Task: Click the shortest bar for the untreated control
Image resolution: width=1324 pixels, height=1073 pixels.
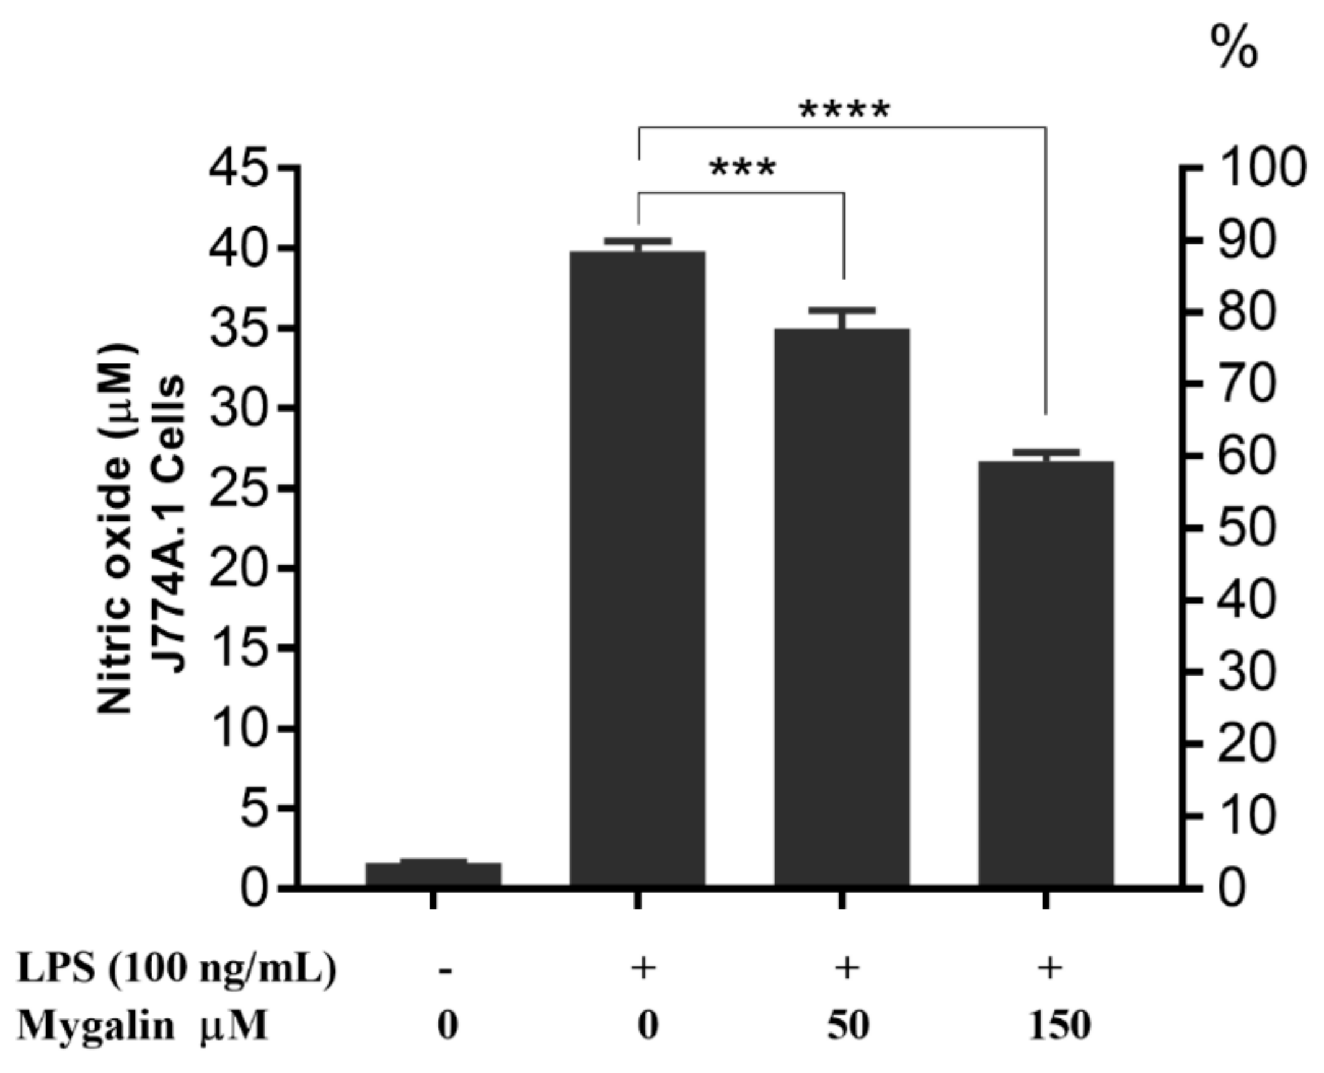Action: [433, 873]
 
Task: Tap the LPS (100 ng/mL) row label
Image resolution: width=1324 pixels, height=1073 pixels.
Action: [177, 968]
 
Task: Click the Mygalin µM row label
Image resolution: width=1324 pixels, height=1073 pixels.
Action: [143, 1026]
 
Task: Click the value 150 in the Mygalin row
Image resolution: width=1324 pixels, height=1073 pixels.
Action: [1059, 1026]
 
